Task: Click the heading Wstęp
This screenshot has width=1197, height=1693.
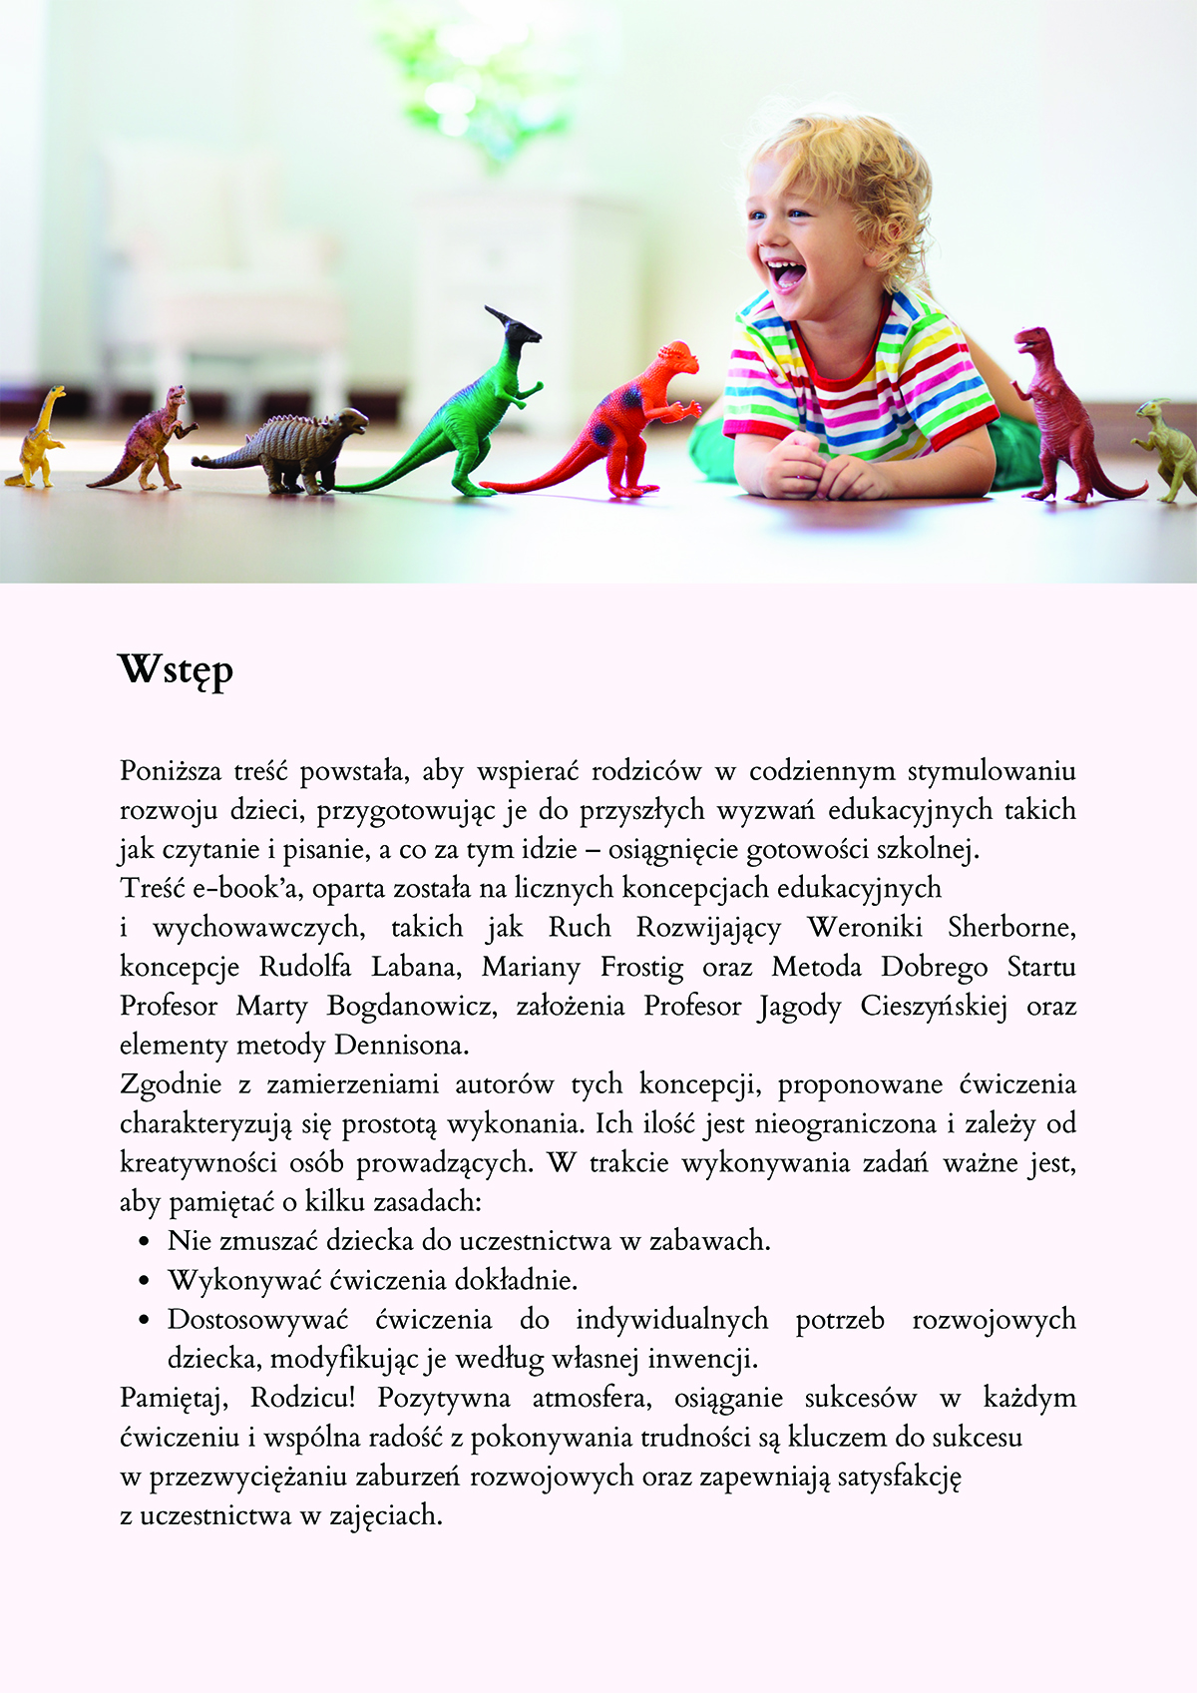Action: (x=176, y=669)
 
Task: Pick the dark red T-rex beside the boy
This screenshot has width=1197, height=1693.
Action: (x=1062, y=419)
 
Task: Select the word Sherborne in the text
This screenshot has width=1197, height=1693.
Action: (x=1010, y=927)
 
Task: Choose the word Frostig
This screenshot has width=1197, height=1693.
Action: (x=641, y=967)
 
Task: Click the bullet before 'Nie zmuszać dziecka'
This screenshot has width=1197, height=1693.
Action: (x=145, y=1242)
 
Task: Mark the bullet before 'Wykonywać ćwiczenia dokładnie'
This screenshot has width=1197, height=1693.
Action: (x=145, y=1281)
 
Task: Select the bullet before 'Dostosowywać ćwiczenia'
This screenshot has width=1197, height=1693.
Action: (x=145, y=1320)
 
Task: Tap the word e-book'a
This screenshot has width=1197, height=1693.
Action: (x=241, y=888)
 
